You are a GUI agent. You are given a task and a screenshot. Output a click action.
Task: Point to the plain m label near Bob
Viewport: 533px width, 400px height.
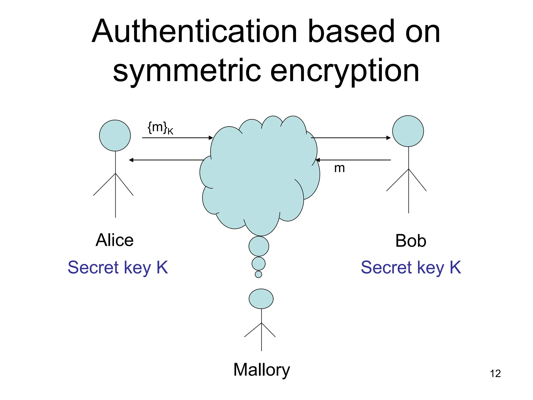(x=339, y=168)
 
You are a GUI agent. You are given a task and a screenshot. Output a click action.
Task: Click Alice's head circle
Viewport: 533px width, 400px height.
(x=115, y=135)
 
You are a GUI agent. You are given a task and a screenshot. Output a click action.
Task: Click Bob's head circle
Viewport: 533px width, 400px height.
(x=408, y=131)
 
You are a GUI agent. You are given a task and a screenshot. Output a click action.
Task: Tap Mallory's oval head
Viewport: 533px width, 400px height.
(x=261, y=299)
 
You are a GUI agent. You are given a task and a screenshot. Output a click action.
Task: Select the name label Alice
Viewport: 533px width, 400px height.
(x=115, y=240)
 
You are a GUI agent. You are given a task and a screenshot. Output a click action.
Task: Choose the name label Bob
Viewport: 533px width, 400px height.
(x=411, y=241)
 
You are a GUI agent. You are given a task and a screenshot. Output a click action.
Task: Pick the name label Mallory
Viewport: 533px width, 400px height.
(x=261, y=370)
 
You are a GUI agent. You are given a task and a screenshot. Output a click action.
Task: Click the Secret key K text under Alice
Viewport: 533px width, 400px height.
(x=118, y=267)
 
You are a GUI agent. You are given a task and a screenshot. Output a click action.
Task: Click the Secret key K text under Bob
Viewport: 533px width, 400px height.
(x=411, y=267)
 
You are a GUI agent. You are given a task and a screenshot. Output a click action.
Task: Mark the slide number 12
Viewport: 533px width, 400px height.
(x=495, y=374)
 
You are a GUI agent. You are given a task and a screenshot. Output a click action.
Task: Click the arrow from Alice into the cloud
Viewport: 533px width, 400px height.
(x=177, y=137)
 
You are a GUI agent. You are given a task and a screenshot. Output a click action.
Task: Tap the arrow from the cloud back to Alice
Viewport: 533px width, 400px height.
(x=167, y=160)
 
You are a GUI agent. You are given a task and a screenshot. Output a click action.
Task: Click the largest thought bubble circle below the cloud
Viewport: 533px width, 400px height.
(x=259, y=246)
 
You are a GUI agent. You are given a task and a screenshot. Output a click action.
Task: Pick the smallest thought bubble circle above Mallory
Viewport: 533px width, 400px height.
(x=258, y=274)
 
